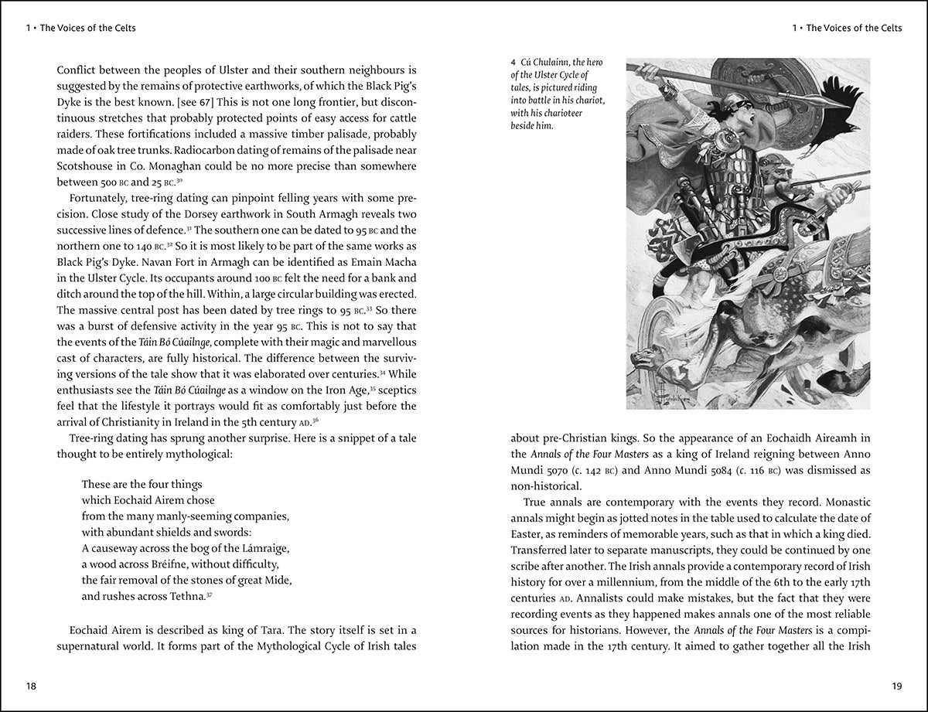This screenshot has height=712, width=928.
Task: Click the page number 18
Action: tap(31, 686)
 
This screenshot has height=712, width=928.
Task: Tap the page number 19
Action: tap(896, 686)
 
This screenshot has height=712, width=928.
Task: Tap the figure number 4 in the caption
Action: tap(513, 63)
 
